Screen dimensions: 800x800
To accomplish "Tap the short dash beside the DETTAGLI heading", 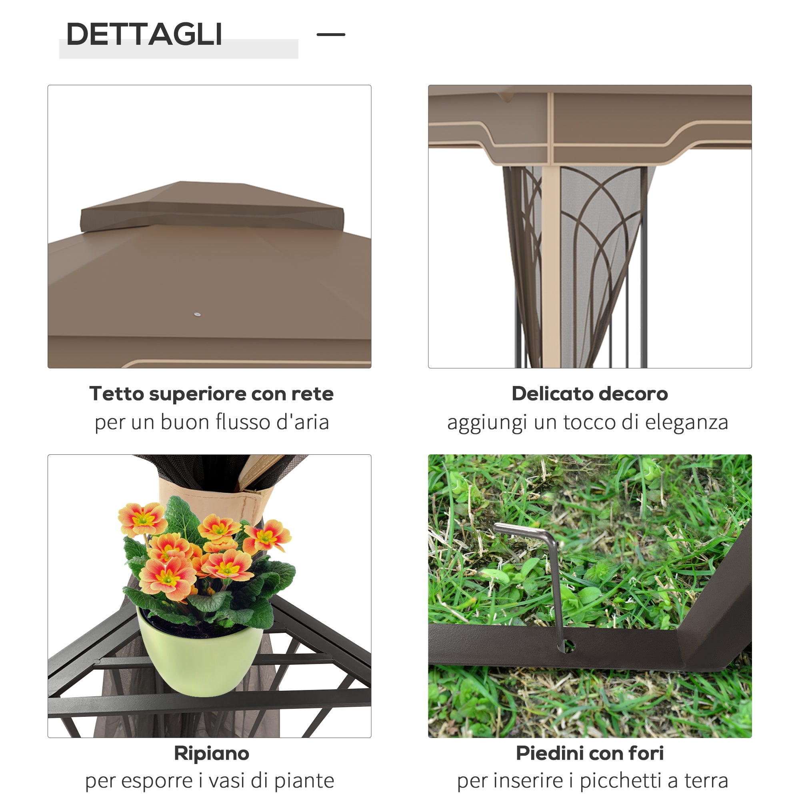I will point(330,34).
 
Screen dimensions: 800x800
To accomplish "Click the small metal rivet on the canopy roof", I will point(197,314).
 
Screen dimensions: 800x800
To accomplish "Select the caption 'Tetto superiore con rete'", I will point(211,393).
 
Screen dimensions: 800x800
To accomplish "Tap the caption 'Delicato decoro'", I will point(590,393).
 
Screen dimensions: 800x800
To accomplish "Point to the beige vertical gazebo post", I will point(551,265).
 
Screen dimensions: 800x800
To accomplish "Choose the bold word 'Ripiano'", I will point(211,753).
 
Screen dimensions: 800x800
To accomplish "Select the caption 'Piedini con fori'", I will point(590,753).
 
